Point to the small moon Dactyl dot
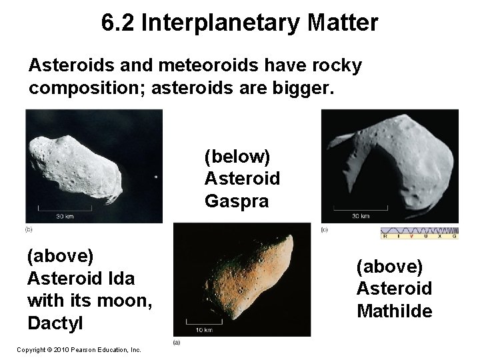[x=155, y=177]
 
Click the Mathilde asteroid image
[x=390, y=167]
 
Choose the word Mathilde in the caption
[x=394, y=311]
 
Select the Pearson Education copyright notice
[x=79, y=349]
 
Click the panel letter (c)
[x=325, y=229]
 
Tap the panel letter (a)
[x=176, y=343]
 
